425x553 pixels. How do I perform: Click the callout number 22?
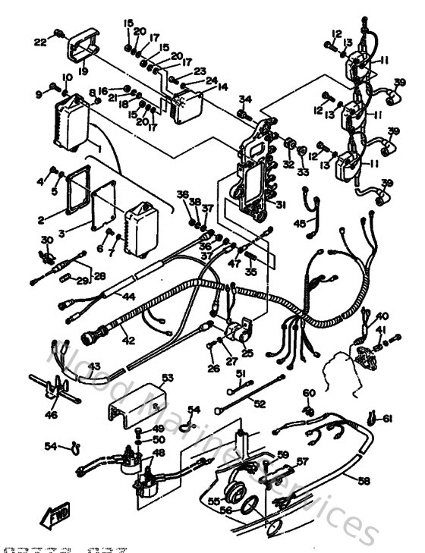(x=39, y=42)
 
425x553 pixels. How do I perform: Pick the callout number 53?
(x=168, y=378)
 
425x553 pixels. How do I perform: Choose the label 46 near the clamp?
(x=51, y=415)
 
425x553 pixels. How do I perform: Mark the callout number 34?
(x=245, y=99)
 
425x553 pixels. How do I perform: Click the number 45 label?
(x=301, y=223)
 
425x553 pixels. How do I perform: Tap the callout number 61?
(x=388, y=419)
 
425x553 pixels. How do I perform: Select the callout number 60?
(x=308, y=393)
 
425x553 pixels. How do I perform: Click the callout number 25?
(x=247, y=353)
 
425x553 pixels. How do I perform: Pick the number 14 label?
(x=222, y=87)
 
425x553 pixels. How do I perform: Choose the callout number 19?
(x=82, y=71)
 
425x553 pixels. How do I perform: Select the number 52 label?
(x=260, y=404)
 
